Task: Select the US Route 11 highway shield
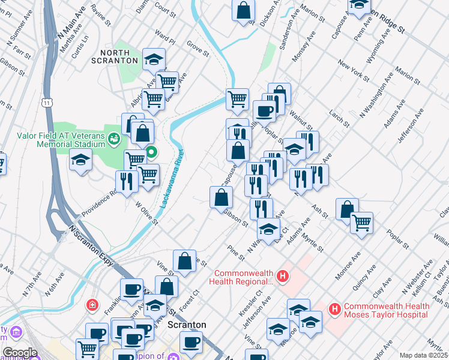click(47, 103)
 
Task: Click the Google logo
click(19, 353)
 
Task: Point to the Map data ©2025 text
click(423, 355)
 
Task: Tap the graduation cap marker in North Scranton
click(154, 59)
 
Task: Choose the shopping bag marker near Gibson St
click(221, 197)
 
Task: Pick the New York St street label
click(352, 70)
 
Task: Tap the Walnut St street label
click(301, 119)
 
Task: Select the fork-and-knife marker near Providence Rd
click(127, 182)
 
